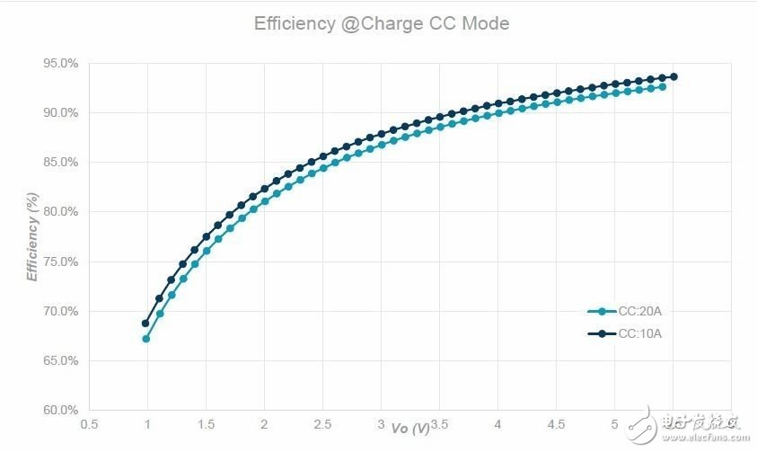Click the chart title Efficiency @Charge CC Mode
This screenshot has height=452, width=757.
point(381,24)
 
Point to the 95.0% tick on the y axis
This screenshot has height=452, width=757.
point(60,63)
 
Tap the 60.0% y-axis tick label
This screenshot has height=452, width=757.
point(60,410)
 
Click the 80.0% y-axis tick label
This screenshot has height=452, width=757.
point(60,212)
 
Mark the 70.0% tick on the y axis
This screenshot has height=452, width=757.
point(60,311)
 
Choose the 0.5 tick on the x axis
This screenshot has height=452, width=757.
point(89,423)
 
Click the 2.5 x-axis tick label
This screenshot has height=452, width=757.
point(322,423)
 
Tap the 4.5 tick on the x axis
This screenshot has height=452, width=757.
point(556,423)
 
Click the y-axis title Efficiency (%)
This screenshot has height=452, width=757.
point(33,236)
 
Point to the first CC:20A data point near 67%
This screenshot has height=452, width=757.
point(146,339)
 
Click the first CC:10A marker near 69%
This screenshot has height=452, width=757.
point(146,323)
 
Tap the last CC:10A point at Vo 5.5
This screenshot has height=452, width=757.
point(673,76)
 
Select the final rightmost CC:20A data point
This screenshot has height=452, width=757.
point(662,86)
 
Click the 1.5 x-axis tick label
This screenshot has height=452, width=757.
point(206,423)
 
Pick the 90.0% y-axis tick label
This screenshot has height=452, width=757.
point(60,112)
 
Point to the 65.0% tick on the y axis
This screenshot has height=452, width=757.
point(60,360)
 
